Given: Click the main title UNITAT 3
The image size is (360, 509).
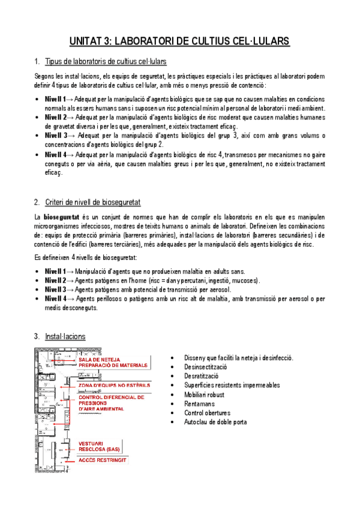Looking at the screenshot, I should (179, 41).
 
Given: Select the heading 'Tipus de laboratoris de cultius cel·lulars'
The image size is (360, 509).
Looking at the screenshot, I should (106, 62).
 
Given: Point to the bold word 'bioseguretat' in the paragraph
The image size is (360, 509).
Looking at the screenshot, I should (61, 216).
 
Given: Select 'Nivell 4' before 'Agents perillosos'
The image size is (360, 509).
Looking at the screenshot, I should (56, 298).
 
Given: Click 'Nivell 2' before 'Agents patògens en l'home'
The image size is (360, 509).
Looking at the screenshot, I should (56, 280).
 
